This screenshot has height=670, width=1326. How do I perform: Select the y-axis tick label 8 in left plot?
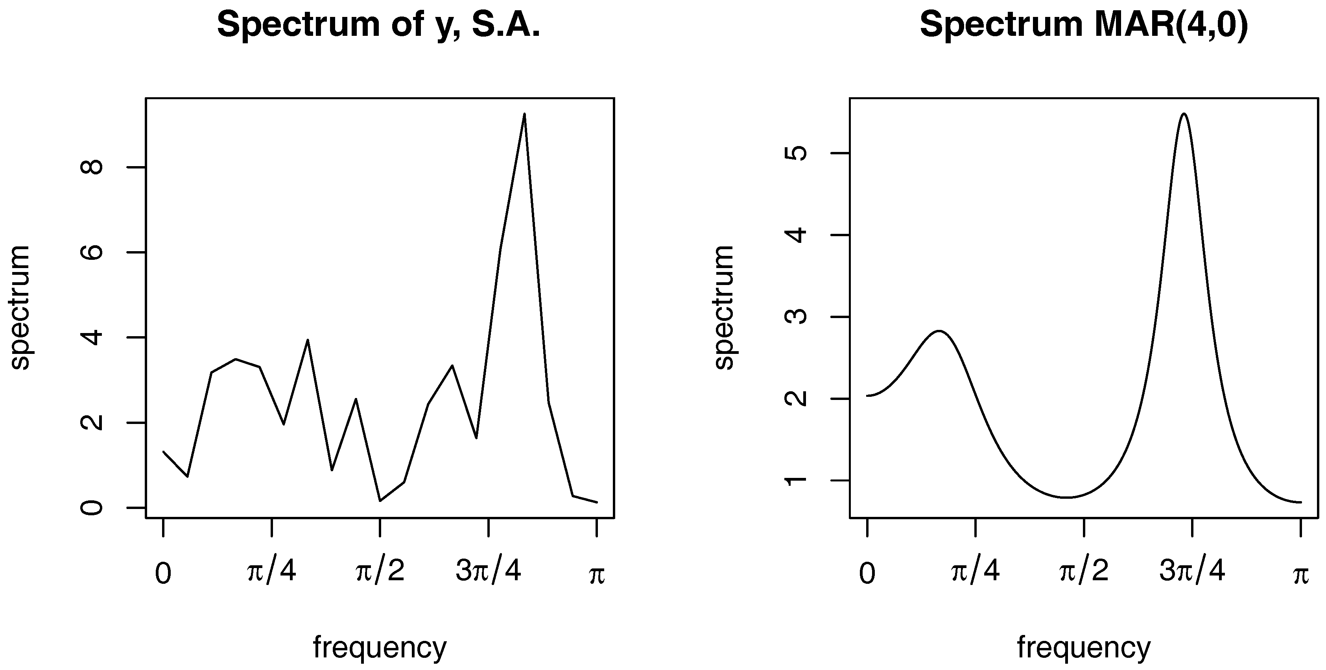point(93,167)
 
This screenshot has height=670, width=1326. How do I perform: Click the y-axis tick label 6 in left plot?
point(93,252)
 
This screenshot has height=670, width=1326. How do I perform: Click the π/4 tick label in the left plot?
point(272,572)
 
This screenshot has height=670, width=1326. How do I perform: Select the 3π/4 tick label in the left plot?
point(489,572)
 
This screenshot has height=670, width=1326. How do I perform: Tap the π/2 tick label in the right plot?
point(1084,572)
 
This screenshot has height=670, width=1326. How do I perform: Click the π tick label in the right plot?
point(1301,575)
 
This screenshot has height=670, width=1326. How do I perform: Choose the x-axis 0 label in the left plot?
point(163,573)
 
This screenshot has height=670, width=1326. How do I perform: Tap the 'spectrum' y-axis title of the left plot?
point(20,307)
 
